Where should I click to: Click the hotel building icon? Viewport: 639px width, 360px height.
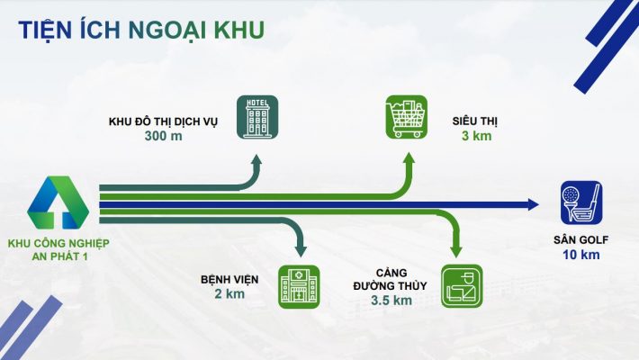coord(257,117)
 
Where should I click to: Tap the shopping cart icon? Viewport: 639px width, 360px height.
coord(406,117)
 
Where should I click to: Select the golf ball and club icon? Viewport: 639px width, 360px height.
coord(581,203)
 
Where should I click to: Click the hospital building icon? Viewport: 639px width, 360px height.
coord(299,286)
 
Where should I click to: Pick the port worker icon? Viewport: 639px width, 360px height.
coord(462,286)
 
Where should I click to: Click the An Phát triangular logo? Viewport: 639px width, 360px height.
coord(58,202)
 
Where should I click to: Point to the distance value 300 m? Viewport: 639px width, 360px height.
coord(164,136)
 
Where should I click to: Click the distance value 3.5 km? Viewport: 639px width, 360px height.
coord(391,301)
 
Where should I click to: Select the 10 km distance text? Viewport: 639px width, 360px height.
coord(581,255)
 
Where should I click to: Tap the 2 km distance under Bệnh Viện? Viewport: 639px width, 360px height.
coord(229,293)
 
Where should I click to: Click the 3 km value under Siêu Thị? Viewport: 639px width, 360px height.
coord(476,136)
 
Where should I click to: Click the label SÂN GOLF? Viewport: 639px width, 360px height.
coord(580,239)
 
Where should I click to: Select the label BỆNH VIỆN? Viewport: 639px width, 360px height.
coord(229,279)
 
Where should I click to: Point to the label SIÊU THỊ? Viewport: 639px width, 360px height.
coord(475,121)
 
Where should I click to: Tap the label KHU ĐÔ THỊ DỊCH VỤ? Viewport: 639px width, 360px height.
coord(163,121)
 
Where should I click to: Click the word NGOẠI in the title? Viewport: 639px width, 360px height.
coord(167,31)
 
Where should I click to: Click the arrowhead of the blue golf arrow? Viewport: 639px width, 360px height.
coord(533,204)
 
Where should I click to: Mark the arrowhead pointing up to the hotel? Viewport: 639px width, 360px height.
coord(256,159)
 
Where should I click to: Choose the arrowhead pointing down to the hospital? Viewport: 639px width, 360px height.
coord(301,251)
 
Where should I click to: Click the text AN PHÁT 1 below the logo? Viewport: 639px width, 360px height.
coord(59,256)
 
